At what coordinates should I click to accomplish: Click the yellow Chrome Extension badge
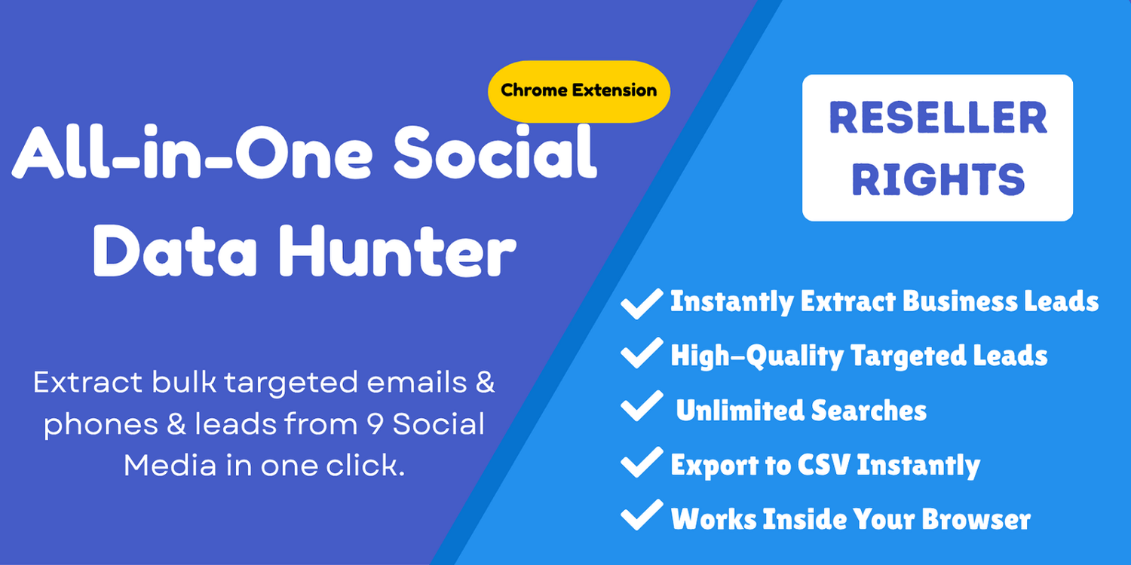tap(578, 91)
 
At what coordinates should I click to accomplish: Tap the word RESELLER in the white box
tap(938, 118)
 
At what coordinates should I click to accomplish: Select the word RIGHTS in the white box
tap(938, 179)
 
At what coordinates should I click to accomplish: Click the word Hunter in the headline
tap(397, 251)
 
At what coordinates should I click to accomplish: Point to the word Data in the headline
tap(175, 251)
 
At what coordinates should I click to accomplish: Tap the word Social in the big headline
tap(495, 152)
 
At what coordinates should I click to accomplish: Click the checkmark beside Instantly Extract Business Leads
tap(642, 304)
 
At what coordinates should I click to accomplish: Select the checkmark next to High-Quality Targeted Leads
tap(642, 353)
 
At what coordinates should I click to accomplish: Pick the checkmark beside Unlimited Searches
tap(642, 405)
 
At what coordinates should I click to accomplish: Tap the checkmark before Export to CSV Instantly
tap(642, 462)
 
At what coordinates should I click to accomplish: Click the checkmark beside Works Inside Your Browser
tap(642, 515)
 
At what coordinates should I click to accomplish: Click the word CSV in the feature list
tap(825, 464)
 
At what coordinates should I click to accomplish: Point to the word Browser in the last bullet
tap(976, 518)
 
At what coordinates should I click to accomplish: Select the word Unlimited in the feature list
tap(740, 410)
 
